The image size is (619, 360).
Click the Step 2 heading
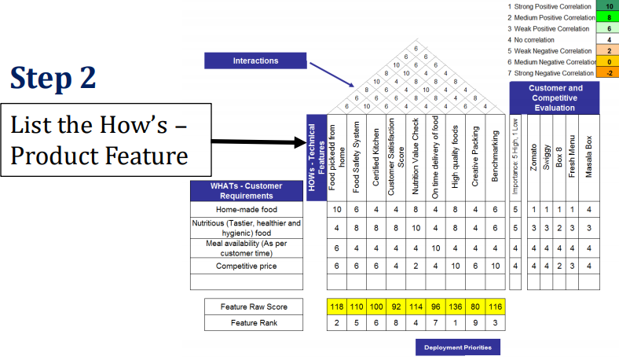point(54,76)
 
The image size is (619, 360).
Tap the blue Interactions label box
point(255,61)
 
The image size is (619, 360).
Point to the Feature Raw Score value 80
point(475,306)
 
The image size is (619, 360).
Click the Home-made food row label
point(247,210)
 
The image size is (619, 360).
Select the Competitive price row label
point(247,266)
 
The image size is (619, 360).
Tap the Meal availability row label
point(247,247)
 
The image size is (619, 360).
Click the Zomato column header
point(533,157)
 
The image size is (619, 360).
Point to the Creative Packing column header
point(475,157)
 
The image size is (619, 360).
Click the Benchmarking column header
point(495,157)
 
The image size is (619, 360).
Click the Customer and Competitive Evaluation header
point(555,97)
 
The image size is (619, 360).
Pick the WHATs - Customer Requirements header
point(247,190)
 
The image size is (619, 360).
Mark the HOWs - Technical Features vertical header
point(316,157)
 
